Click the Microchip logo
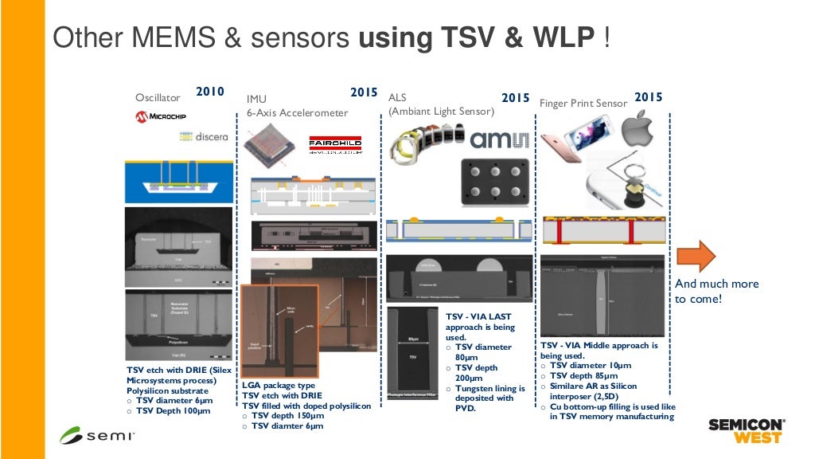[x=161, y=117]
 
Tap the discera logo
[x=204, y=136]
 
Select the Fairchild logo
[x=335, y=145]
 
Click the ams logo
[x=500, y=139]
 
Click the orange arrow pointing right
[x=696, y=256]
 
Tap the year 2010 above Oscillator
[x=210, y=92]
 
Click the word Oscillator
[x=158, y=98]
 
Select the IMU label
[x=256, y=99]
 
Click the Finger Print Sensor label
[x=583, y=104]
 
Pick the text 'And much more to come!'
[x=716, y=291]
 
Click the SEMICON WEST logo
[x=747, y=431]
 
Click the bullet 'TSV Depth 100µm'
[x=172, y=411]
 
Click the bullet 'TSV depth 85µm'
[x=584, y=375]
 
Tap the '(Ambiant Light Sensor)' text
[x=441, y=111]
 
